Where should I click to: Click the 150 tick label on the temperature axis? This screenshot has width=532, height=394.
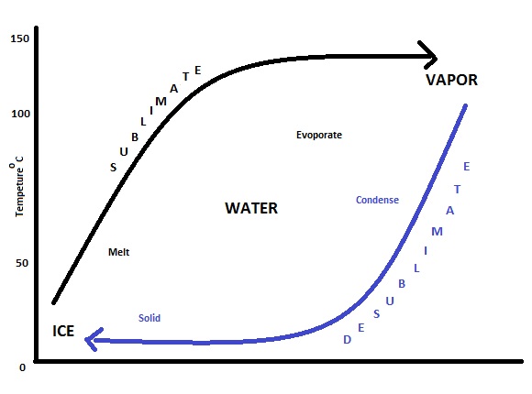coord(20,38)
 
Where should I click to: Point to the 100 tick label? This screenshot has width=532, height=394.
coord(21,114)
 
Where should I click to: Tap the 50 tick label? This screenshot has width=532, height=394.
coord(22,263)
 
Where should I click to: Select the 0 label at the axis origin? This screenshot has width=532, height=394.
coord(22,367)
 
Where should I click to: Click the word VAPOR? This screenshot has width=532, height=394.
coord(451,80)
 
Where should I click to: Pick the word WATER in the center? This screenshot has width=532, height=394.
coord(251,208)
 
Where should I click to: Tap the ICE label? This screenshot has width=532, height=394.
coord(63,332)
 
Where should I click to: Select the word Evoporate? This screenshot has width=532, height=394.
coord(319,135)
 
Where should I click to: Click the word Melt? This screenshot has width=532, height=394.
coord(118,252)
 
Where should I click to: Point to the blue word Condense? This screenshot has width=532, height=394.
coord(377,200)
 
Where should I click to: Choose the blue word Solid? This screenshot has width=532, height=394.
coord(150,318)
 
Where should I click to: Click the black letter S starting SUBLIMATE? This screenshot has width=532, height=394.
coord(114,167)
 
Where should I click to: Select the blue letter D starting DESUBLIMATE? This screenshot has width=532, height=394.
coord(347,339)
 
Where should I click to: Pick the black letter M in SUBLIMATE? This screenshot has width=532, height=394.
coord(161,102)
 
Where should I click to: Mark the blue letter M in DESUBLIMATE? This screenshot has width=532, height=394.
coord(437,232)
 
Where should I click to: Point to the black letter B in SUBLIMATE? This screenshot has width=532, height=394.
coord(135,137)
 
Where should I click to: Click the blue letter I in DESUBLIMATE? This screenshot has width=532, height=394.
coord(426,250)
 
